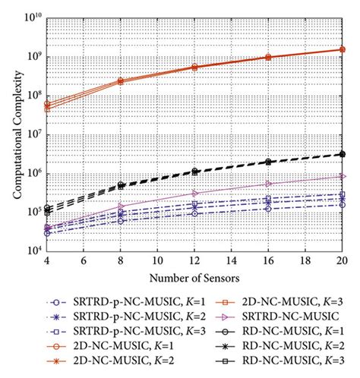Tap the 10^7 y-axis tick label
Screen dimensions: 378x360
click(33, 134)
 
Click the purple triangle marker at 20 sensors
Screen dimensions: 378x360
click(343, 176)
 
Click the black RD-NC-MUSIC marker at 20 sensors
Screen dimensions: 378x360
click(343, 154)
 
